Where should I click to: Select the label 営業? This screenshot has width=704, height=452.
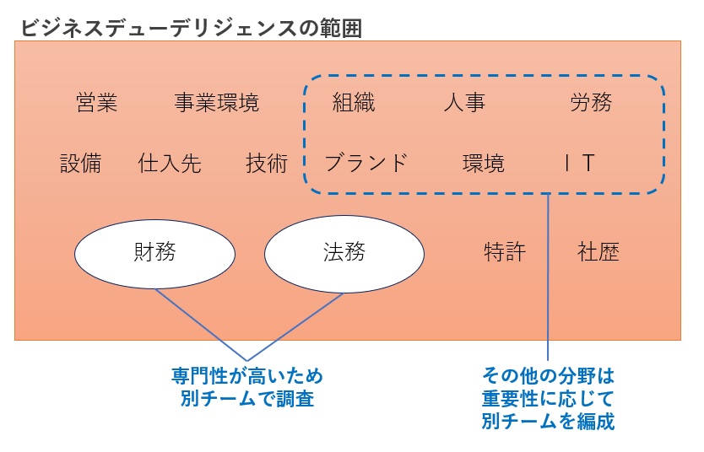tap(96, 104)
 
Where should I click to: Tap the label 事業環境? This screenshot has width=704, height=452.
tap(216, 104)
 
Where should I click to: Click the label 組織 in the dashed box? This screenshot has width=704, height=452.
tap(354, 104)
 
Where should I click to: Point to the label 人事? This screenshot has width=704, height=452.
tap(463, 104)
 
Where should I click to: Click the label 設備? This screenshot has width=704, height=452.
tap(80, 163)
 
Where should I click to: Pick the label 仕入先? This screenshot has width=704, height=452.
tap(169, 163)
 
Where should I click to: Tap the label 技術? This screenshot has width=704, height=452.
tap(267, 163)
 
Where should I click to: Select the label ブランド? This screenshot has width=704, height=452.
tap(366, 163)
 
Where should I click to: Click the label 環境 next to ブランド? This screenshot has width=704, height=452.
tap(484, 163)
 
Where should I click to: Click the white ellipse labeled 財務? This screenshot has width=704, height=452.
tap(154, 252)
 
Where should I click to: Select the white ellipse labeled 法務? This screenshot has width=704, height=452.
tap(344, 252)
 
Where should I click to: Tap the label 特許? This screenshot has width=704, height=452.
tap(505, 252)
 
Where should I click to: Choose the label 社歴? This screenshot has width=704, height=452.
tap(598, 252)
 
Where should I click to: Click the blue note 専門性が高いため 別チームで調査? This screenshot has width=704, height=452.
tap(247, 387)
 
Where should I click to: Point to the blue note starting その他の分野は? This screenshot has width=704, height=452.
tap(548, 397)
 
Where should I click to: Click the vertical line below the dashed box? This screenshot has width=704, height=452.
tap(549, 278)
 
